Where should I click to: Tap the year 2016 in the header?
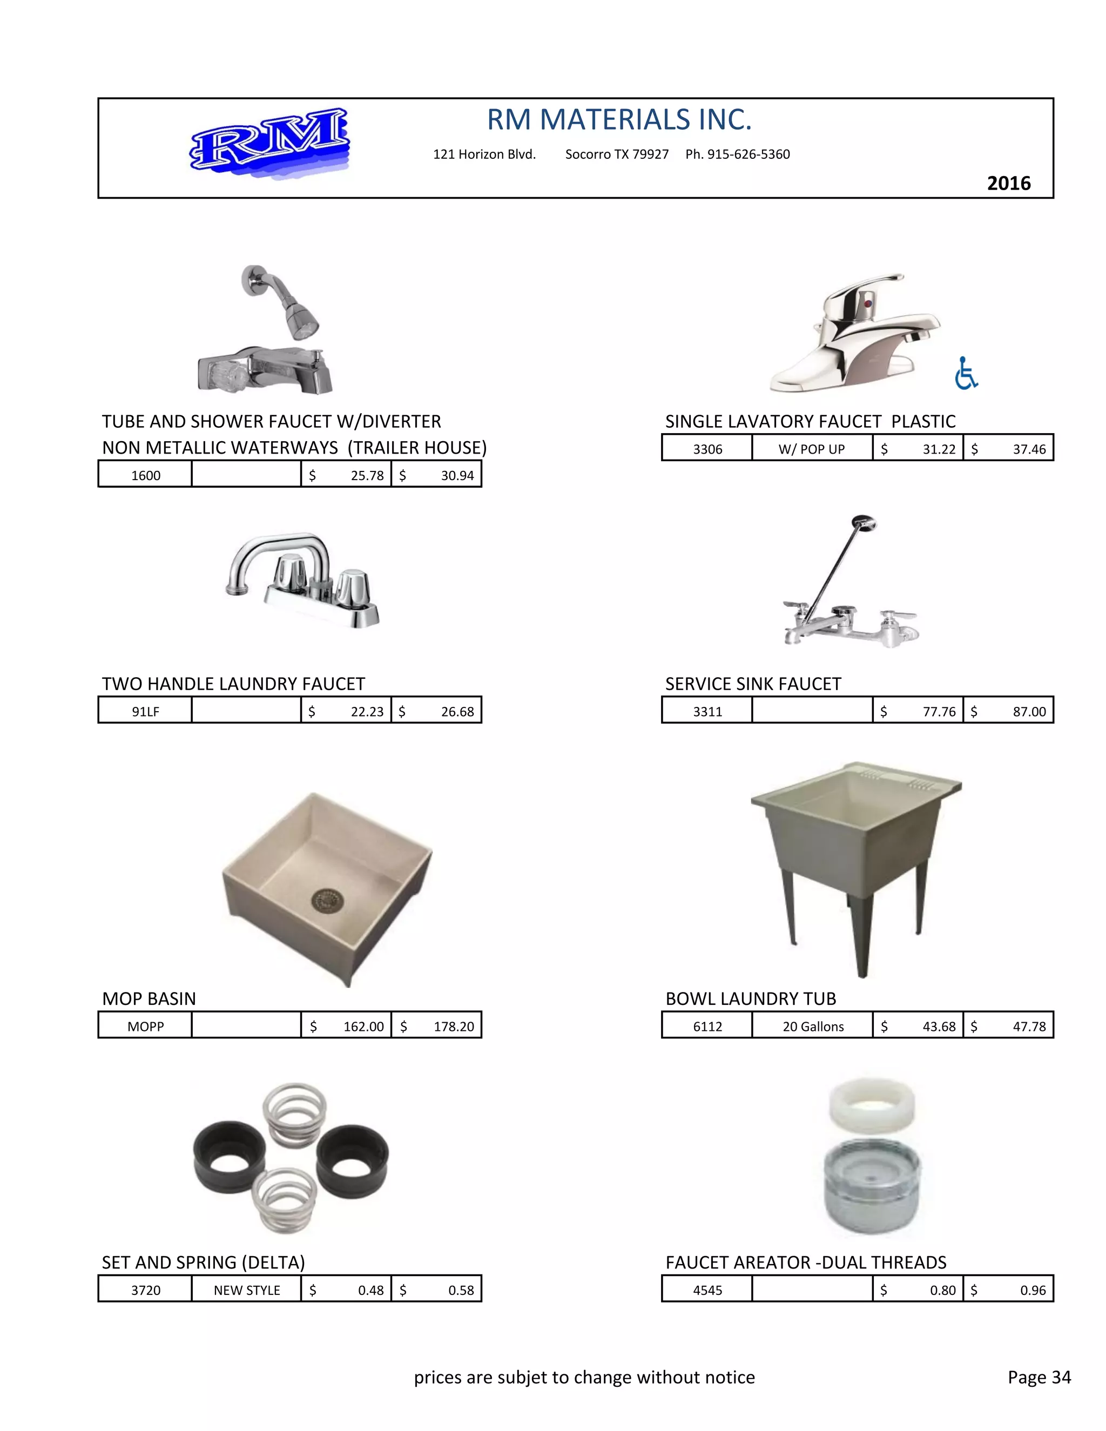[1008, 184]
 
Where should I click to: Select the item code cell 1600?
[145, 475]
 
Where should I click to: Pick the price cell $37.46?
[1008, 449]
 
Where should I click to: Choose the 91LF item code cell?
[145, 711]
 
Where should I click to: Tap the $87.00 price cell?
[1008, 711]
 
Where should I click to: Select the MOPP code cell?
[145, 1026]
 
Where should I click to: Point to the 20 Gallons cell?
[812, 1026]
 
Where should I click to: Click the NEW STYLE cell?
[246, 1290]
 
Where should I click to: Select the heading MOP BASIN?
[149, 998]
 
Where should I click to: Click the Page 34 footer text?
[1038, 1376]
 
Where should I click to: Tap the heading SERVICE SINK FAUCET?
[753, 684]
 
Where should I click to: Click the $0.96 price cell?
[1008, 1290]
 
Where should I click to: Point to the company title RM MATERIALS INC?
[619, 120]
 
